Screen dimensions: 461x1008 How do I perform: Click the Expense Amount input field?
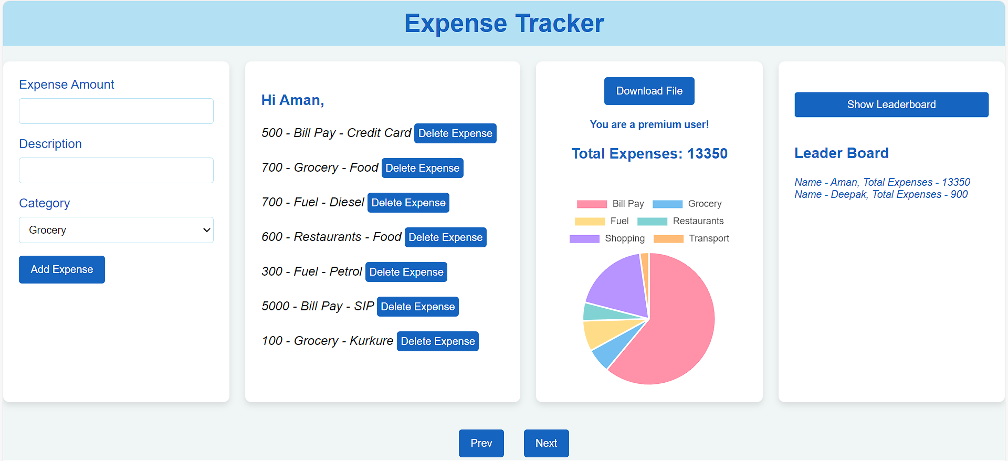pyautogui.click(x=116, y=111)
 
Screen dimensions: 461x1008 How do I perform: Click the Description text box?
pyautogui.click(x=116, y=171)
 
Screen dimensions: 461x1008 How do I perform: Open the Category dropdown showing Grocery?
pyautogui.click(x=116, y=230)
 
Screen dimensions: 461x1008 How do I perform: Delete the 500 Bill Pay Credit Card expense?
pyautogui.click(x=455, y=133)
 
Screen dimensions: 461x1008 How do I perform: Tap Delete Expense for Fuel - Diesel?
pyautogui.click(x=408, y=203)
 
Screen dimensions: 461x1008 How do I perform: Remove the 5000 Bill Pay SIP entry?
pyautogui.click(x=417, y=307)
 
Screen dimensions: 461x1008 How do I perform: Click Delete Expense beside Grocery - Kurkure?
pyautogui.click(x=437, y=341)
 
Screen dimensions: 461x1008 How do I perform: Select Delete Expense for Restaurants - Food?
pyautogui.click(x=445, y=237)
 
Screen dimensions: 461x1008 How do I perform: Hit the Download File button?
pyautogui.click(x=649, y=91)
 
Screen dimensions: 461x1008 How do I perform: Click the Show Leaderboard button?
pyautogui.click(x=891, y=104)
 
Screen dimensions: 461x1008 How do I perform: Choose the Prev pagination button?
pyautogui.click(x=481, y=443)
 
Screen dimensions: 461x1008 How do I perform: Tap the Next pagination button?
pyautogui.click(x=546, y=443)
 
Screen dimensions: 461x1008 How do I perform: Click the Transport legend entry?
pyautogui.click(x=691, y=238)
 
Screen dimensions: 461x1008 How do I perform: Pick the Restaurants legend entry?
pyautogui.click(x=681, y=221)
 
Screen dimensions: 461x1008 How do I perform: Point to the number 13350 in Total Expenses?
pyautogui.click(x=707, y=154)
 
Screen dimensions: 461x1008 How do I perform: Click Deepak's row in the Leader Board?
pyautogui.click(x=880, y=194)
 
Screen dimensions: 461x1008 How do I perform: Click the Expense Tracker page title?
pyautogui.click(x=504, y=24)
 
